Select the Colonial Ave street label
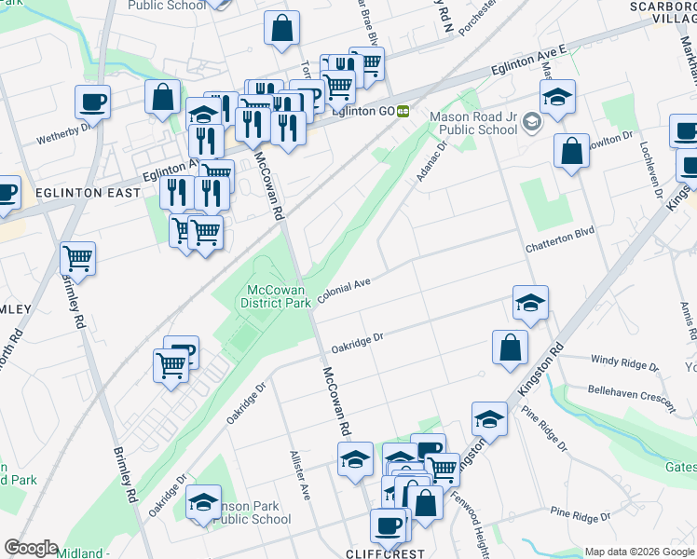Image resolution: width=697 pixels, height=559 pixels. point(345,288)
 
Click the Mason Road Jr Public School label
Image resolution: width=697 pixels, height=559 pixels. point(472,123)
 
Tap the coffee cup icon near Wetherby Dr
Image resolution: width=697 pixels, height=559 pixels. point(92,102)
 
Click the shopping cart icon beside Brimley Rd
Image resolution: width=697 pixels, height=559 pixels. point(77,258)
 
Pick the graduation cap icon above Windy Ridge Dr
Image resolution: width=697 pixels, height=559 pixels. point(530,302)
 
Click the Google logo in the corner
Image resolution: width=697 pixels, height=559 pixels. point(31,548)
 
